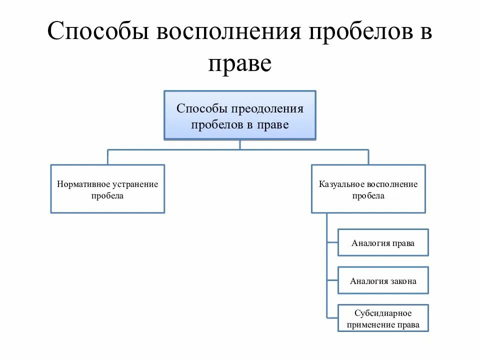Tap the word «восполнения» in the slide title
(x=228, y=33)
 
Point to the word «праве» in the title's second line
(x=239, y=63)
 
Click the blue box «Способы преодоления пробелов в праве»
(x=240, y=115)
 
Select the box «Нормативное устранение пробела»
(x=107, y=189)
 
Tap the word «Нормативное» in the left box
(x=83, y=184)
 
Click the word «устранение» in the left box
(x=134, y=184)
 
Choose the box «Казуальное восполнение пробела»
(x=368, y=189)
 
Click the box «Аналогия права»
(x=383, y=242)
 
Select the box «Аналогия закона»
(x=383, y=280)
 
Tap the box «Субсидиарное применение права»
(x=383, y=318)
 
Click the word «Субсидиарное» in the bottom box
(x=383, y=313)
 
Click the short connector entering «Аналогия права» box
(x=332, y=242)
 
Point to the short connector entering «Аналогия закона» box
(x=332, y=280)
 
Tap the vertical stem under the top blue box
(x=240, y=144)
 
